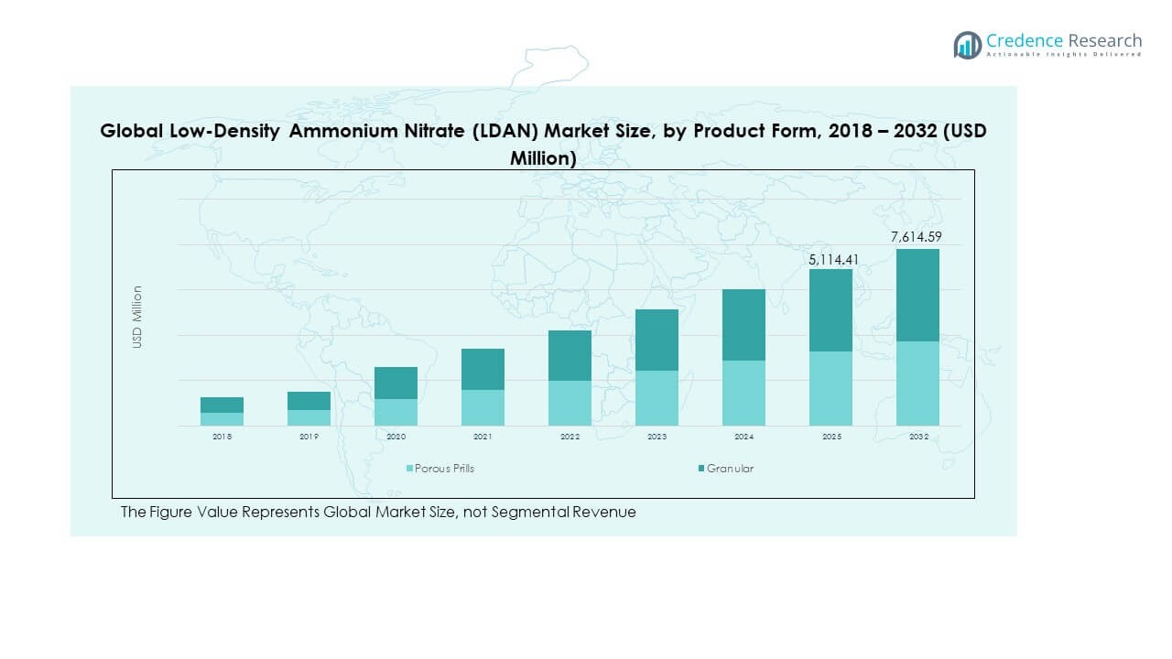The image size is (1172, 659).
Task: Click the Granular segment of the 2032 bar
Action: [917, 295]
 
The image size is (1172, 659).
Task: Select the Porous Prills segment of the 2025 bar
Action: [830, 388]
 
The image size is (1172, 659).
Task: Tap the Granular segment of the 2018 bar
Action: [222, 405]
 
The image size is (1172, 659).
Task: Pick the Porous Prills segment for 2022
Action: [570, 403]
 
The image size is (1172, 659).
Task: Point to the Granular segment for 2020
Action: [396, 383]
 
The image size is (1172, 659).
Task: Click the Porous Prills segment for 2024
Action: [743, 393]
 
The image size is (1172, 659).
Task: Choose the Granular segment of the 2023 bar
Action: [657, 340]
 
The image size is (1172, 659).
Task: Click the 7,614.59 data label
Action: [917, 237]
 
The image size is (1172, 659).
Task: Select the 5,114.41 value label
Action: [830, 259]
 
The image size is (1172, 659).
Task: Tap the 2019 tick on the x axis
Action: [309, 438]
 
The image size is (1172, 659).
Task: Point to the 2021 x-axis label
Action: [483, 438]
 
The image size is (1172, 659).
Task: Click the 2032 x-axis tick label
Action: [917, 438]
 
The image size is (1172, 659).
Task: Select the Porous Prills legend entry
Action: [444, 469]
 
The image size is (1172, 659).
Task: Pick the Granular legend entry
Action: [730, 469]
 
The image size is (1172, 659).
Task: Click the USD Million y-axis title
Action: [137, 317]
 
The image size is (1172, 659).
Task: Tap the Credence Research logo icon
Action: [967, 44]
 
